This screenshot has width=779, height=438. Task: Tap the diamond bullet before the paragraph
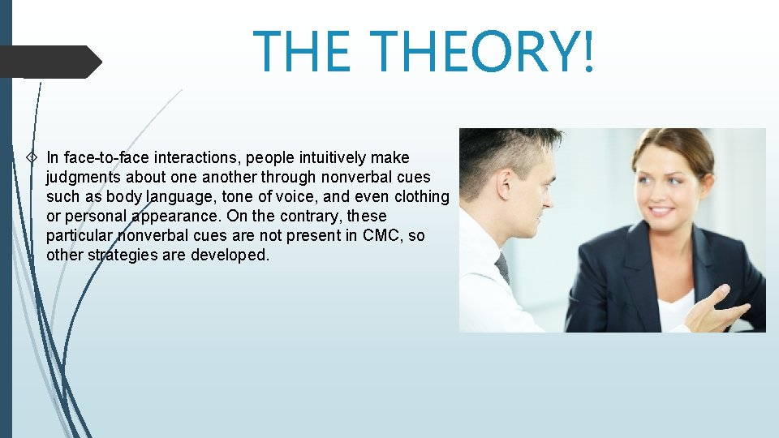click(x=32, y=157)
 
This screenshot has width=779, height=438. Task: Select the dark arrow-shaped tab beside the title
click(x=50, y=62)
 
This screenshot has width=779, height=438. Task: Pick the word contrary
click(x=318, y=217)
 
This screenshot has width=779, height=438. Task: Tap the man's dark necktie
click(x=502, y=267)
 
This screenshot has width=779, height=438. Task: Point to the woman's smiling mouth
click(x=662, y=210)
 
